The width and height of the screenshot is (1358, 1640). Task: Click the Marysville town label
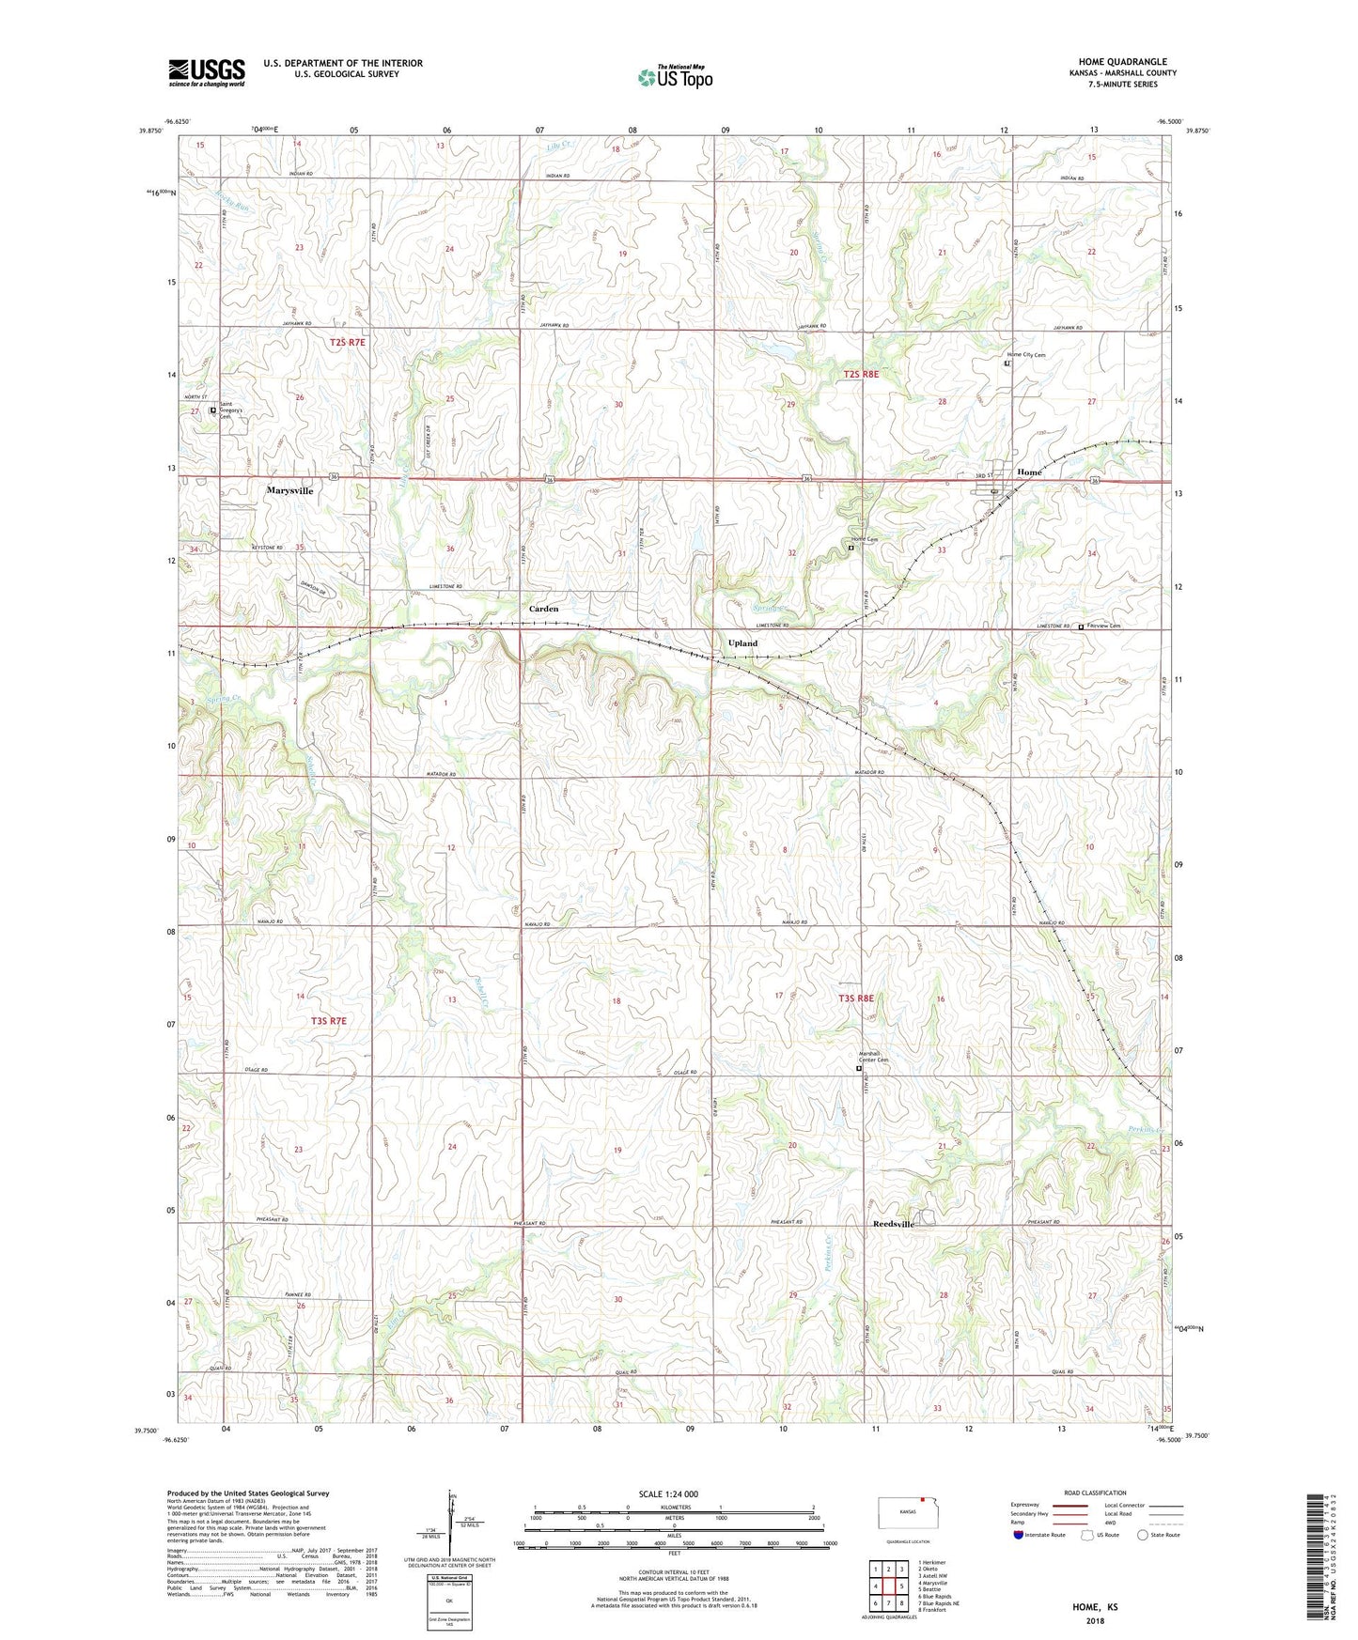point(289,490)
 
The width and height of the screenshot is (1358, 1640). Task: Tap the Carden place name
point(543,609)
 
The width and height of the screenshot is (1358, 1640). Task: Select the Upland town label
point(742,643)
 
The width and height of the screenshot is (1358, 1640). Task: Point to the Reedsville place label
point(893,1225)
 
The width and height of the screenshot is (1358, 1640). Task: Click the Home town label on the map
point(1029,472)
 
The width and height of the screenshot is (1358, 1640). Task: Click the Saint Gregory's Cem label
point(231,412)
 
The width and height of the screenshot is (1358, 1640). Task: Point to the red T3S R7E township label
point(329,1021)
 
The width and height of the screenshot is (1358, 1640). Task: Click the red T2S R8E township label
point(861,374)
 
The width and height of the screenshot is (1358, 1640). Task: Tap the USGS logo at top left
point(207,72)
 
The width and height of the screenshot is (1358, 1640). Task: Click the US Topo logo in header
point(675,77)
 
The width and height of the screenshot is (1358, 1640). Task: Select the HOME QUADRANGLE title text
point(1122,62)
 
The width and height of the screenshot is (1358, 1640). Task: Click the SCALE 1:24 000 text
point(667,1494)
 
